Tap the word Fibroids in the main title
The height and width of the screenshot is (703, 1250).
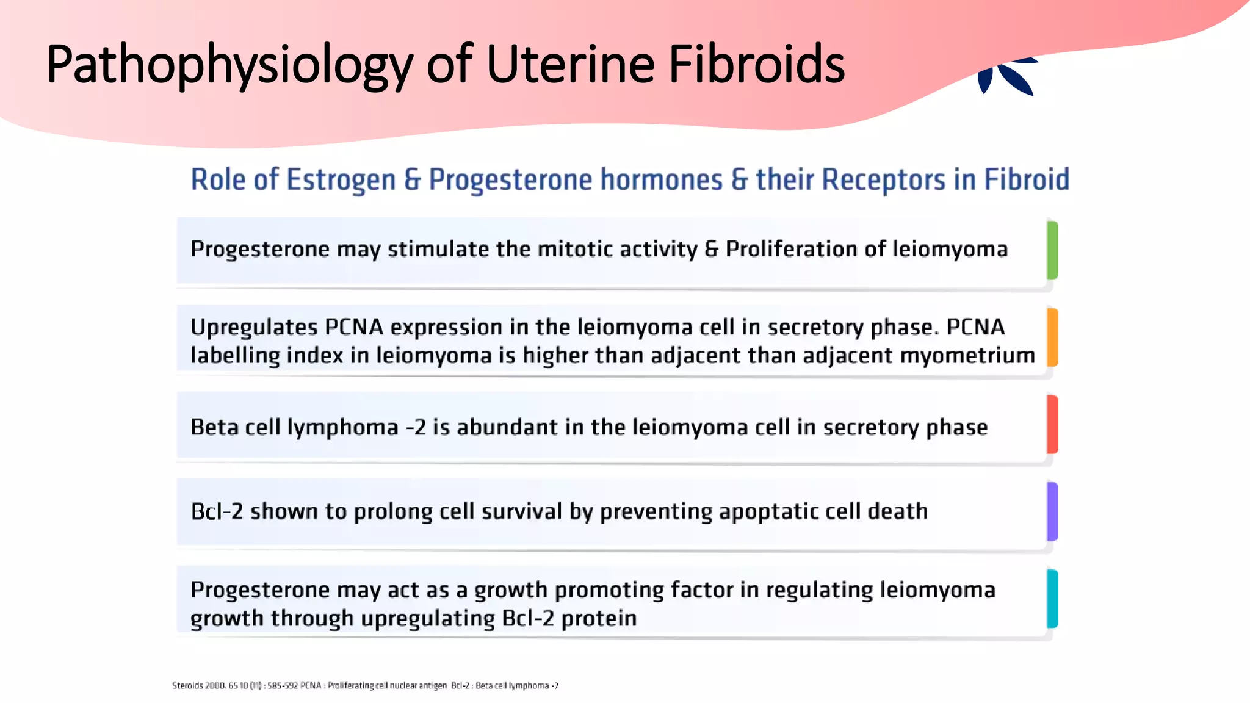point(756,65)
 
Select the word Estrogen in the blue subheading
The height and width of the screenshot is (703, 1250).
point(341,180)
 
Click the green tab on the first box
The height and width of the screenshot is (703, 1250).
point(1052,250)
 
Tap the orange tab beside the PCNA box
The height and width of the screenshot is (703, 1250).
point(1052,337)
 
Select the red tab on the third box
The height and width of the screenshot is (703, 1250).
point(1052,425)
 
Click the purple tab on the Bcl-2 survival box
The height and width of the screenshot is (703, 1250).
point(1052,511)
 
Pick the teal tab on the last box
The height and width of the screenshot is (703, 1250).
point(1052,599)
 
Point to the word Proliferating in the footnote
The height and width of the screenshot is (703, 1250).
point(350,686)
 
